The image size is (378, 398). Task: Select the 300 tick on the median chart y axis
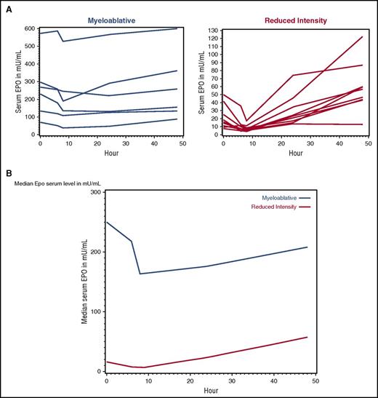coord(94,191)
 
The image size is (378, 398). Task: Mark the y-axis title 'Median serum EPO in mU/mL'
coord(84,283)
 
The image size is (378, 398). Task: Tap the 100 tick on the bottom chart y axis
coord(94,311)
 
